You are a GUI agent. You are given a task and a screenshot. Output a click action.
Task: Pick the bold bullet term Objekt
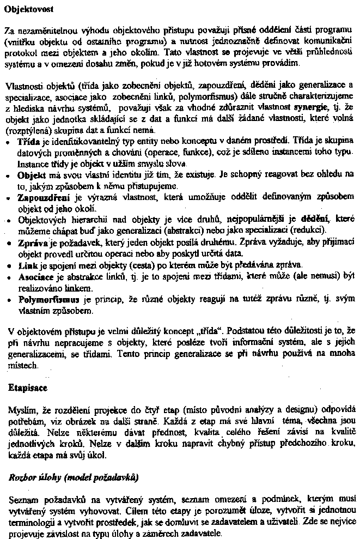30,175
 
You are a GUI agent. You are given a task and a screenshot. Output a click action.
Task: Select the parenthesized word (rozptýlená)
27,131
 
